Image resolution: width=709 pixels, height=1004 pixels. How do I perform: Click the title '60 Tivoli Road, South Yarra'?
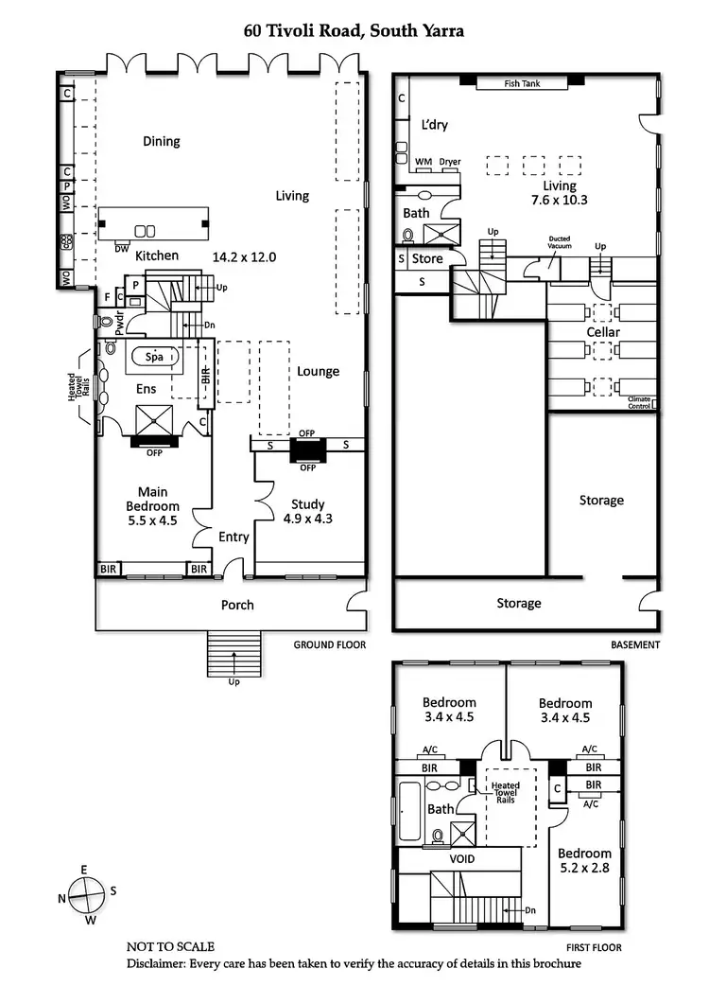coord(354,32)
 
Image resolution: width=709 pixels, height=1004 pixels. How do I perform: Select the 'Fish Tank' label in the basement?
coord(521,83)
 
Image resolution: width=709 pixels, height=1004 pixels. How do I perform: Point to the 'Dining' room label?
coord(161,141)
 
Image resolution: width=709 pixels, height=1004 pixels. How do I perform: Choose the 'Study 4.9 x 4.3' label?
coord(308,511)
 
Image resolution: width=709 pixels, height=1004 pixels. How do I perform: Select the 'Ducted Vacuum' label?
coord(558,244)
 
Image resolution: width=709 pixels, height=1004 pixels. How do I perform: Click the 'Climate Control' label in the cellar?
coord(640,403)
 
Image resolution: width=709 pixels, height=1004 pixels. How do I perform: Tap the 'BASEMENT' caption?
coord(633,644)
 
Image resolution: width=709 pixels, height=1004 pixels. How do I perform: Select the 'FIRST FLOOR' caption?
coord(594,945)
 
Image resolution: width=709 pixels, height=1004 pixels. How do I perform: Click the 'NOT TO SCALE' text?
coord(170,945)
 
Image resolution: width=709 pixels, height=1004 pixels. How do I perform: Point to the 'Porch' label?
coord(237,605)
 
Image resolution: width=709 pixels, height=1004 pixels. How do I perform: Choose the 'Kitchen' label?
coord(157,255)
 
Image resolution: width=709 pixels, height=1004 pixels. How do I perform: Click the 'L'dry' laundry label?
coord(435,125)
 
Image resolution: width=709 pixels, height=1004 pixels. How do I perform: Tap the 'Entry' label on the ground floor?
coord(233,537)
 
